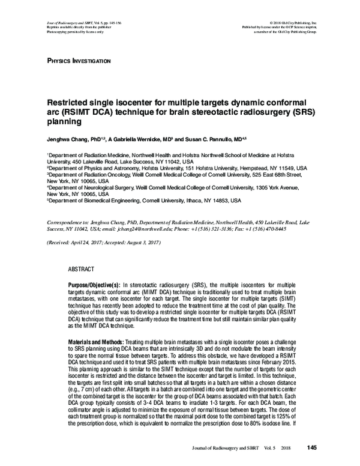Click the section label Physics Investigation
coord(77,61)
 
